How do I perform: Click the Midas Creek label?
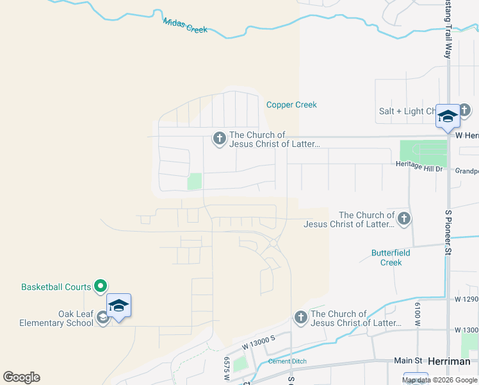(x=185, y=26)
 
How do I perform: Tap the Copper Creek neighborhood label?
(x=291, y=105)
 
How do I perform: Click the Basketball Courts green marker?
(x=101, y=286)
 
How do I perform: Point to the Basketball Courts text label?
(x=56, y=287)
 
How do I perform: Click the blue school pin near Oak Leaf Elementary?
(x=118, y=305)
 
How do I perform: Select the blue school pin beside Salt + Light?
(x=448, y=116)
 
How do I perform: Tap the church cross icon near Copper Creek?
(x=220, y=139)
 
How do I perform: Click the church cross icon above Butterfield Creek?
(x=403, y=219)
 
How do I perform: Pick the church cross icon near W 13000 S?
(x=301, y=317)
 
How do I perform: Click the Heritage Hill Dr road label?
(x=419, y=167)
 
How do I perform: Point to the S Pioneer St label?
(x=448, y=232)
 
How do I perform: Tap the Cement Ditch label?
(x=287, y=361)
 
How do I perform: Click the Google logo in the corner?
(x=21, y=377)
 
